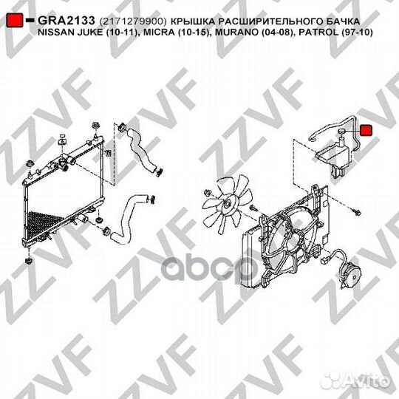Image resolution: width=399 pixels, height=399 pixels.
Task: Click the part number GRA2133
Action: pyautogui.click(x=66, y=21)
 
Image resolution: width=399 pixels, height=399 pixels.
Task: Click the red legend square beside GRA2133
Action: pyautogui.click(x=15, y=20)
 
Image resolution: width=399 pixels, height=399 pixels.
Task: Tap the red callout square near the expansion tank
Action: pyautogui.click(x=366, y=130)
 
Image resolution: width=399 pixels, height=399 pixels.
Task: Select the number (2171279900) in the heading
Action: pyautogui.click(x=132, y=21)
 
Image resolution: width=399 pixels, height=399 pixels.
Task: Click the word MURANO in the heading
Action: pyautogui.click(x=234, y=33)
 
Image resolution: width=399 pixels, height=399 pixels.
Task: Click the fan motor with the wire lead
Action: pyautogui.click(x=352, y=275)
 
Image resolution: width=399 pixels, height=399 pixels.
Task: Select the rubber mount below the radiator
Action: pyautogui.click(x=28, y=261)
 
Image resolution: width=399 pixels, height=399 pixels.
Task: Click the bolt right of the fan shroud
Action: pyautogui.click(x=357, y=211)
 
